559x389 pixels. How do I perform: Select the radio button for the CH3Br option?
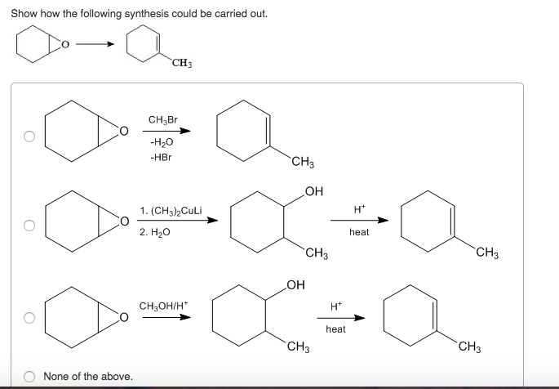[x=29, y=136]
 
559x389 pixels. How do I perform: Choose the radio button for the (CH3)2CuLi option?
[x=29, y=225]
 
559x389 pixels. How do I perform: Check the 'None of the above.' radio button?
[x=29, y=376]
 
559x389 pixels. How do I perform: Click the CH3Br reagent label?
[x=162, y=120]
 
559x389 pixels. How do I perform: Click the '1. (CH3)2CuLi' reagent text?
[x=177, y=211]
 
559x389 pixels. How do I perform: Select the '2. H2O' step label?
[x=155, y=232]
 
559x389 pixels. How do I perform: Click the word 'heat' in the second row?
[x=359, y=232]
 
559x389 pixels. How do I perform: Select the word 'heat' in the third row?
[x=335, y=329]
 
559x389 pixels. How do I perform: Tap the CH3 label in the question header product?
[x=182, y=63]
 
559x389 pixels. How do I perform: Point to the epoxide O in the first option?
[x=123, y=130]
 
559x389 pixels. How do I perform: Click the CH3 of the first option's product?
[x=303, y=162]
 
